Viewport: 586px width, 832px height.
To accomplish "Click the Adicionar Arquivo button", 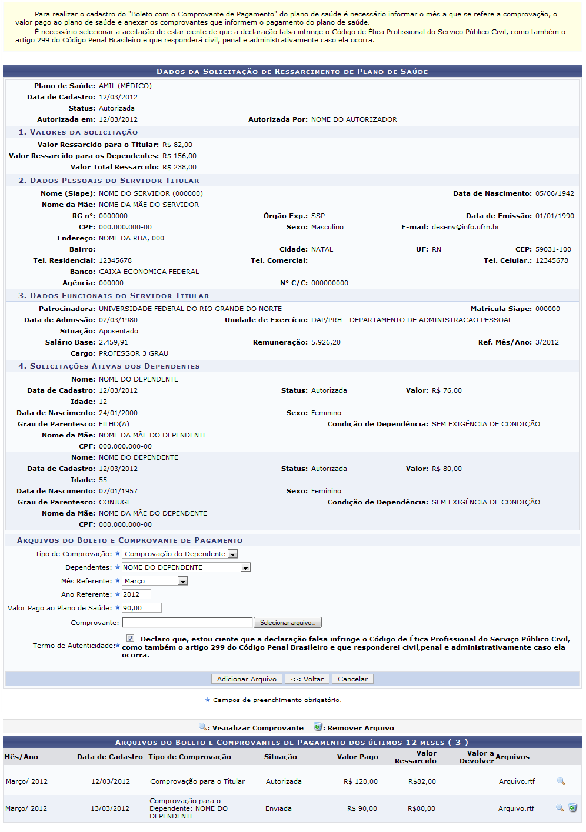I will pyautogui.click(x=247, y=679).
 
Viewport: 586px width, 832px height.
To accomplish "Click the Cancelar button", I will pyautogui.click(x=352, y=679).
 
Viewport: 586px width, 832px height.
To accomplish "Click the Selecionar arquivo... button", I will pyautogui.click(x=287, y=623).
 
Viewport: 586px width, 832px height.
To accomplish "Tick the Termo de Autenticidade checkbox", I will pyautogui.click(x=130, y=639).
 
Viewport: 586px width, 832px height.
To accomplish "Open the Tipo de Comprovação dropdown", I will pyautogui.click(x=179, y=554).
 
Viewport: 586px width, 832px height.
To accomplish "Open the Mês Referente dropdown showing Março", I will pyautogui.click(x=155, y=581).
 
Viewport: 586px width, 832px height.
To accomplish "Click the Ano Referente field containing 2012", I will pyautogui.click(x=136, y=594).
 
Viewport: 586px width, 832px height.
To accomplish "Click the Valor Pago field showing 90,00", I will pyautogui.click(x=141, y=608).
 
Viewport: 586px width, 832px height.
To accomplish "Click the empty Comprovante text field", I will pyautogui.click(x=187, y=622).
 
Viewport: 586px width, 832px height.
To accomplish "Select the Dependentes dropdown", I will pyautogui.click(x=186, y=567).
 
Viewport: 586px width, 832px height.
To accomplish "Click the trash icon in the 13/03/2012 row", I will pyautogui.click(x=572, y=808).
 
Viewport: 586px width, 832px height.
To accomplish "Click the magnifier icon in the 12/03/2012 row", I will pyautogui.click(x=561, y=781).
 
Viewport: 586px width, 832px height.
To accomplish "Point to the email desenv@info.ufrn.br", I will pyautogui.click(x=465, y=227).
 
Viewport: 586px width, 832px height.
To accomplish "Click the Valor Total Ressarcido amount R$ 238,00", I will pyautogui.click(x=179, y=167).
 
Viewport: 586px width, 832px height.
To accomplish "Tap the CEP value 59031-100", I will pyautogui.click(x=553, y=249).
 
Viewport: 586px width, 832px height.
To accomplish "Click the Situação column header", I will pyautogui.click(x=280, y=757).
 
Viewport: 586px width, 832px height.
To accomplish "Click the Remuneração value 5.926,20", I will pyautogui.click(x=326, y=342).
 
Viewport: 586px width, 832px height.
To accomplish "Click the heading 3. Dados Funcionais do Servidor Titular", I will pyautogui.click(x=114, y=296).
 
